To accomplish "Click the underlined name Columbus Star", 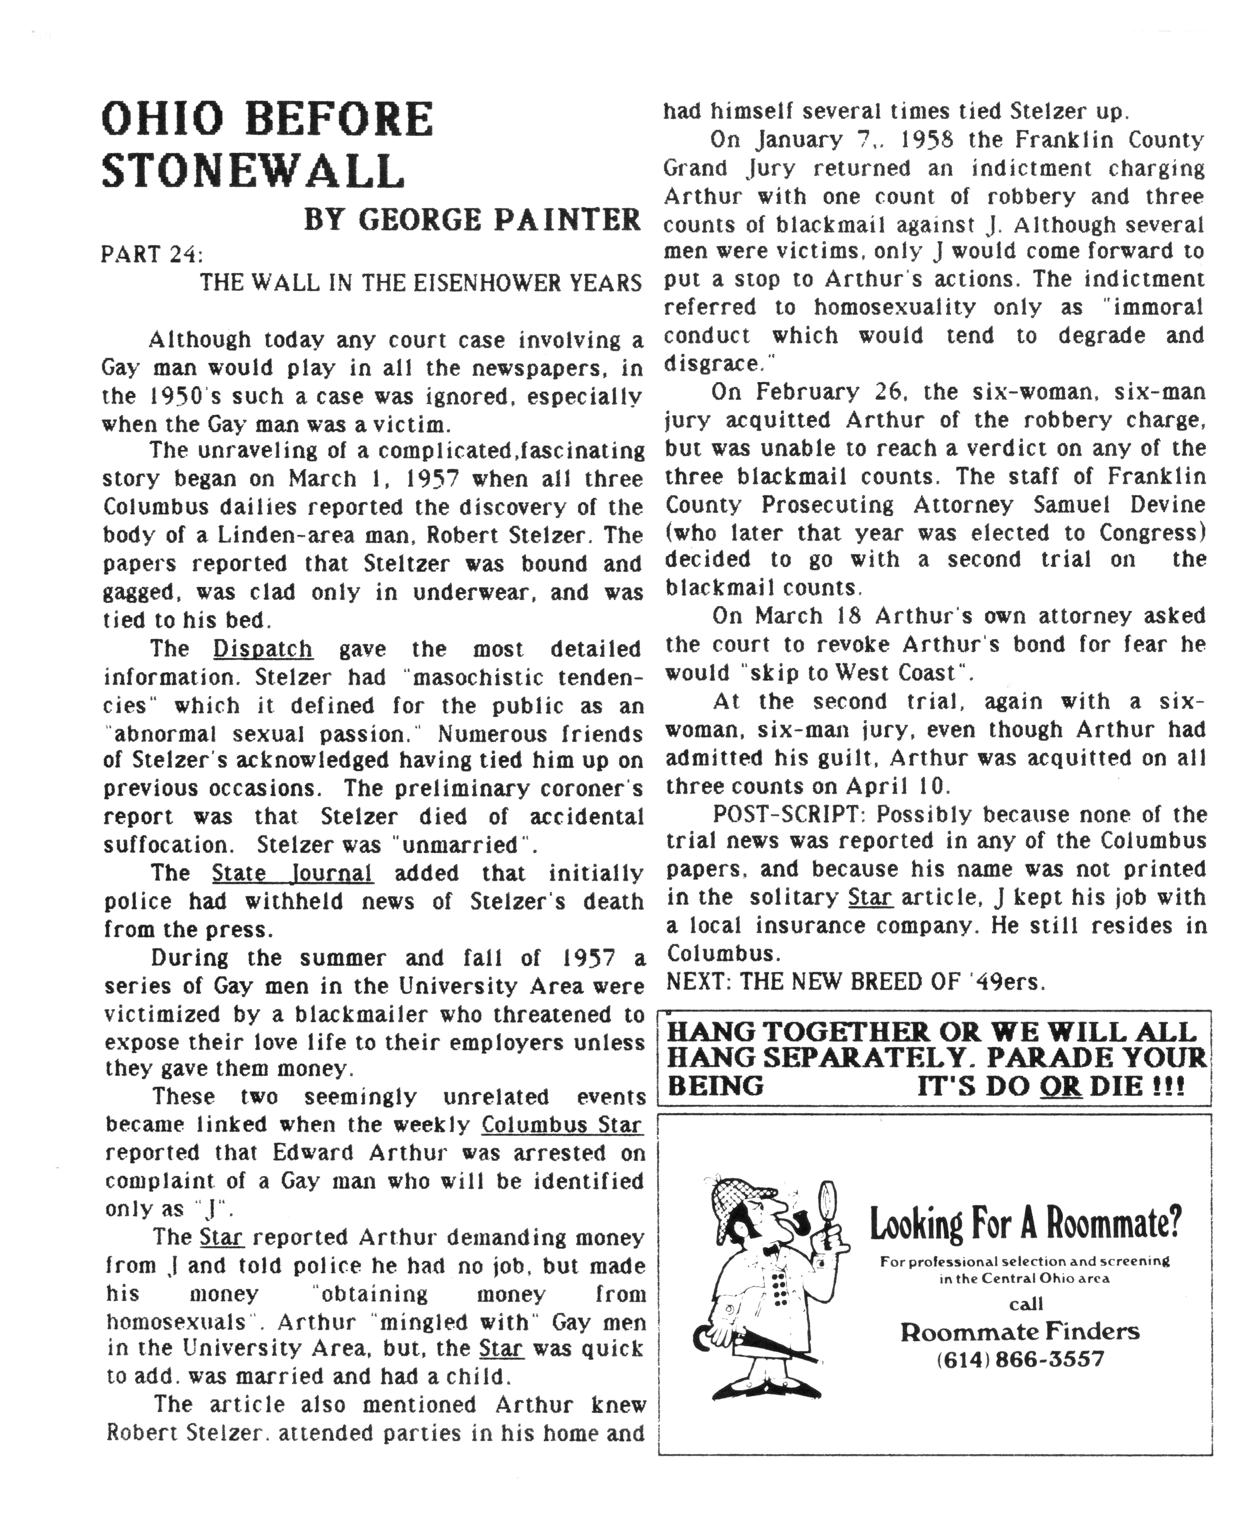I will [x=561, y=1125].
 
